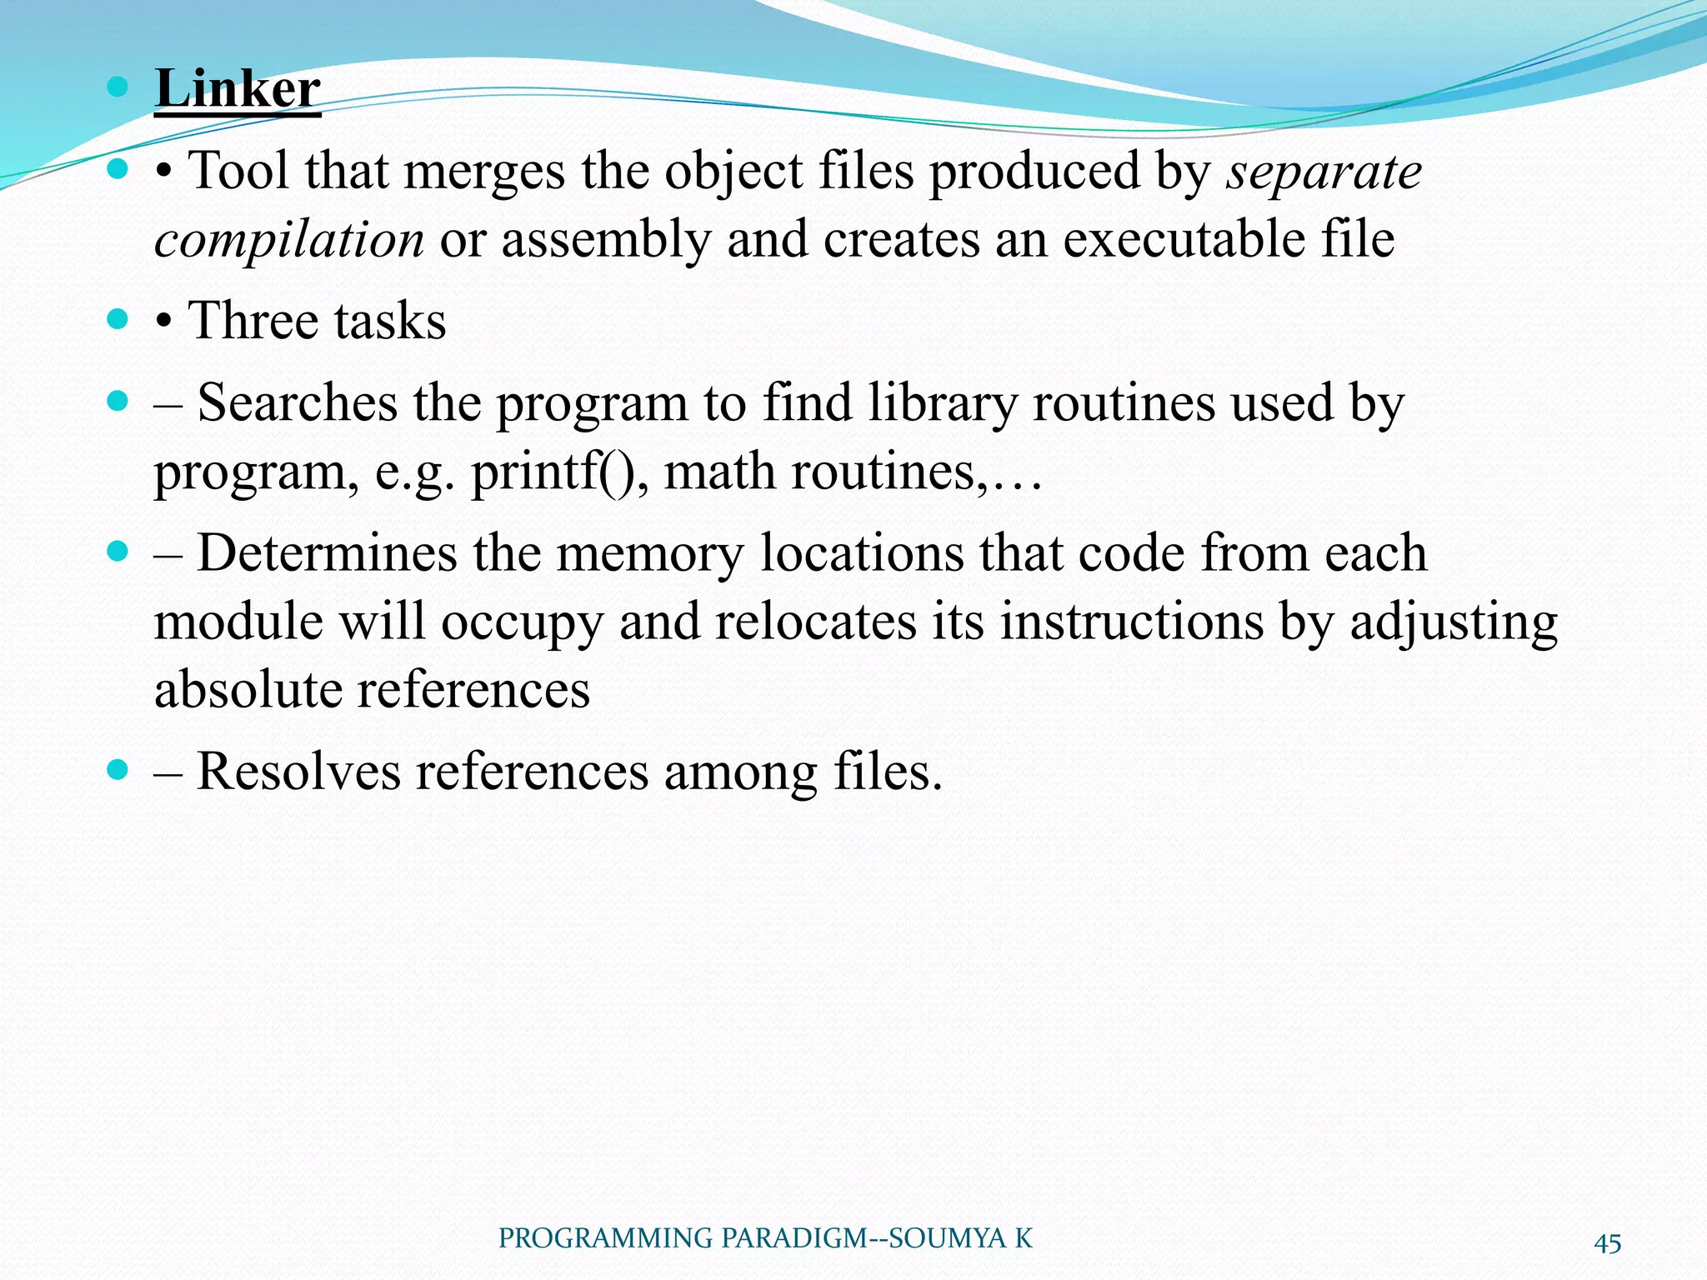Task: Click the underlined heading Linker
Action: (x=238, y=88)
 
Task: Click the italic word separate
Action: (x=1324, y=172)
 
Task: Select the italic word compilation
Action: (x=289, y=240)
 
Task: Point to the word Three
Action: (x=254, y=321)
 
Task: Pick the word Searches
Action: (x=298, y=403)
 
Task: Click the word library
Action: (x=942, y=403)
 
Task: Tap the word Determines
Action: (x=327, y=553)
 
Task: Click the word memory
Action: (x=649, y=553)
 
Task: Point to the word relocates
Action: (x=815, y=622)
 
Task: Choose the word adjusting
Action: (x=1454, y=622)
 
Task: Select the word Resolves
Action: (x=298, y=772)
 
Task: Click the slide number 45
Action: (x=1608, y=1243)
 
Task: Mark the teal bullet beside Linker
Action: (x=118, y=86)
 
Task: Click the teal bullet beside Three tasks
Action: (x=118, y=318)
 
